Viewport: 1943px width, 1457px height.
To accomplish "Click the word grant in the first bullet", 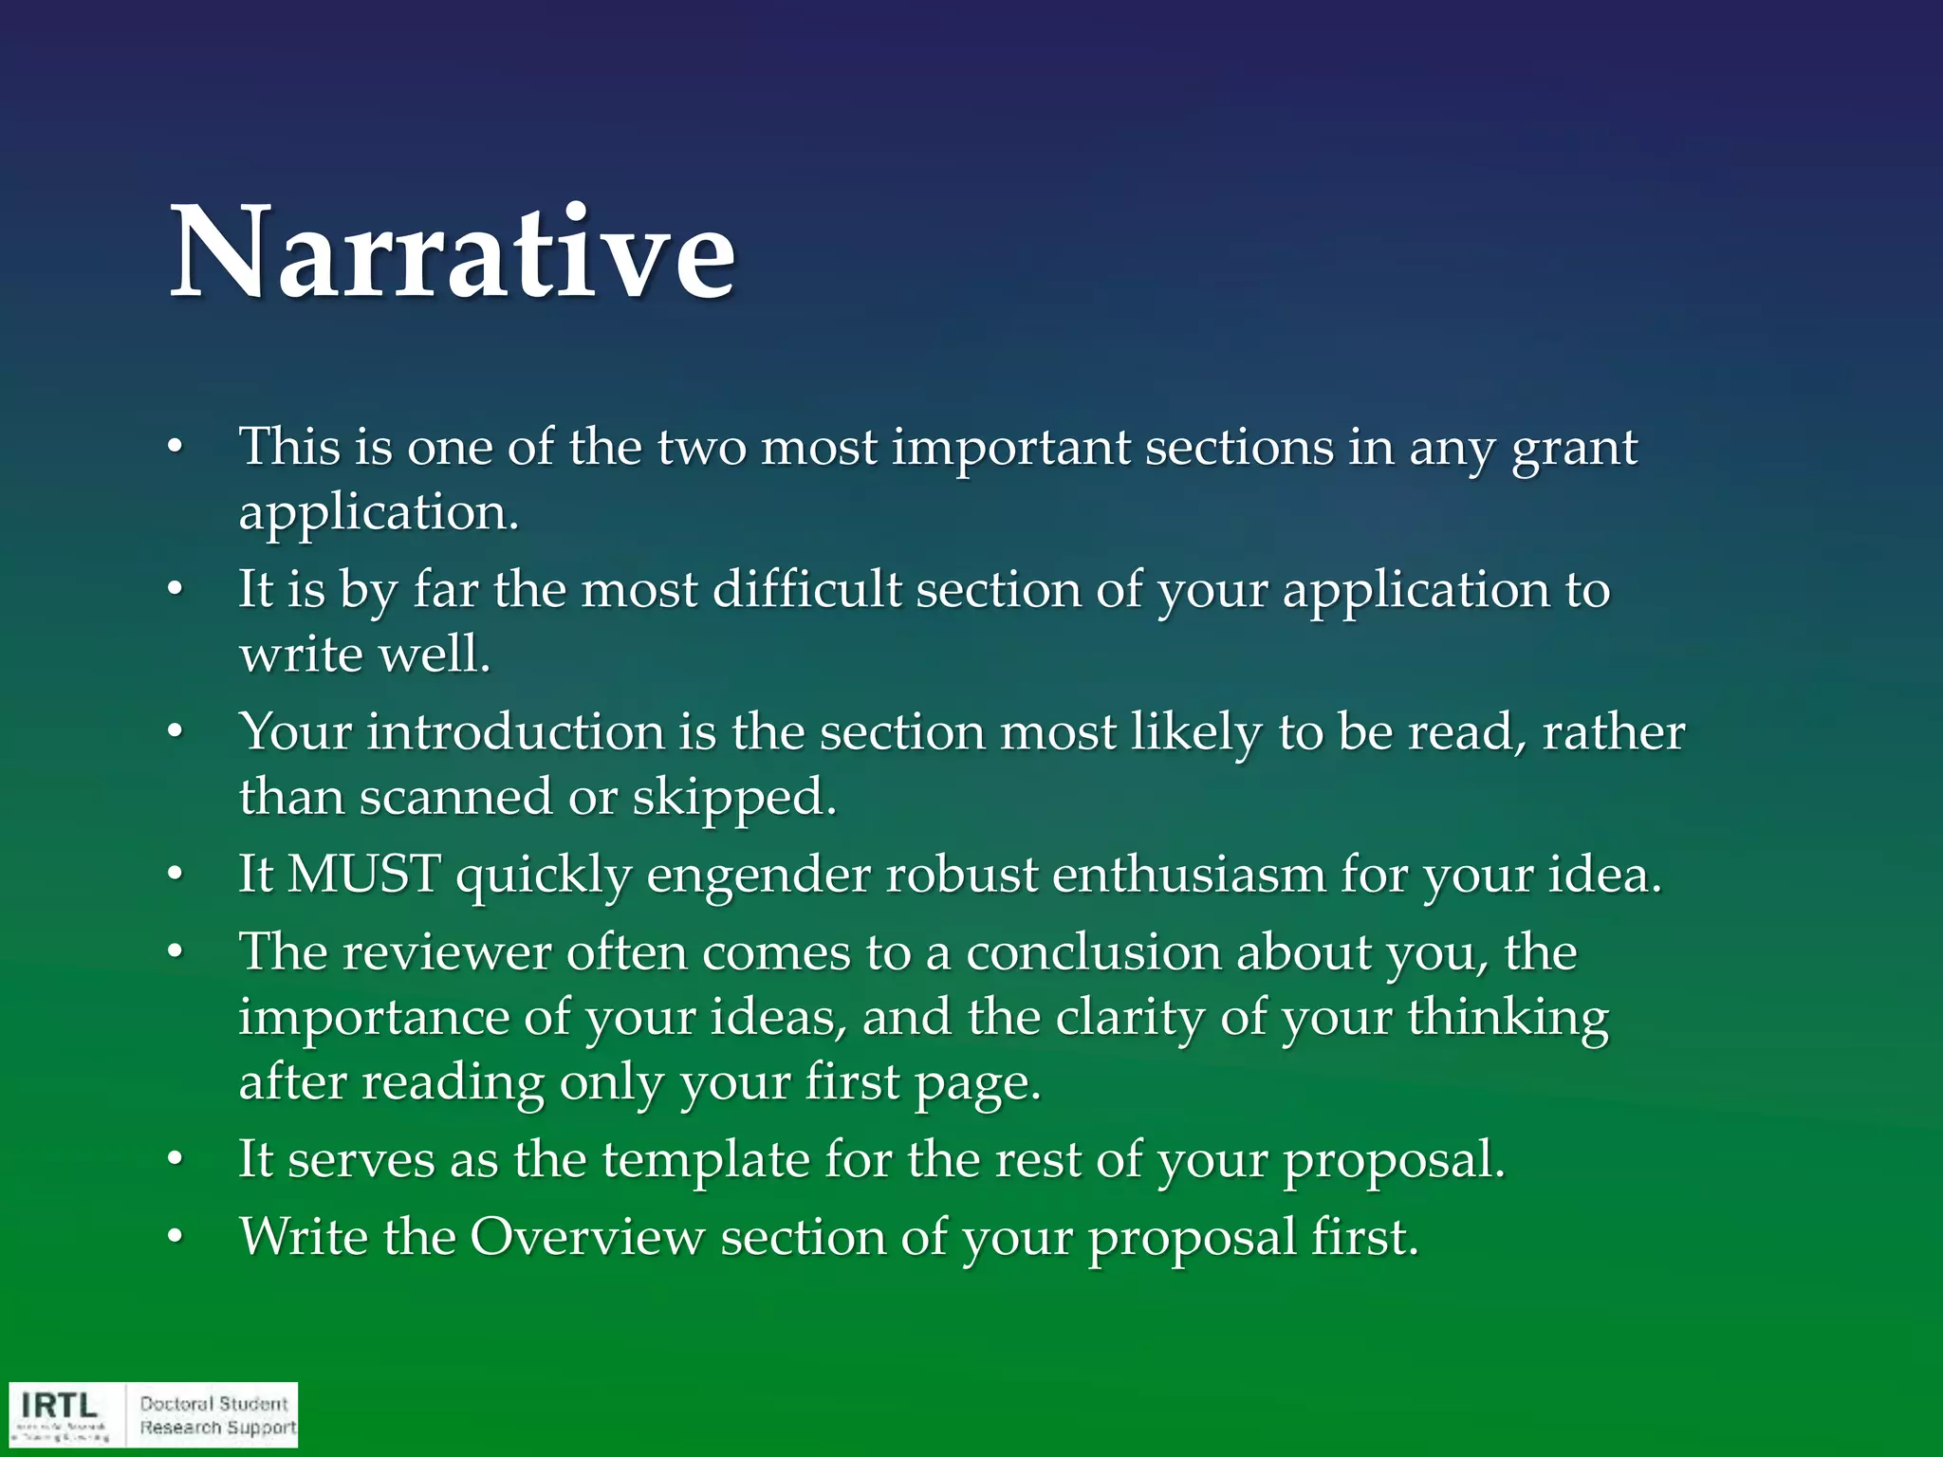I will pos(1574,448).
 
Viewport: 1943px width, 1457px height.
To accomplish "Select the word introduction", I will pos(516,732).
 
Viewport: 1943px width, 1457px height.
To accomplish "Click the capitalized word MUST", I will pos(363,874).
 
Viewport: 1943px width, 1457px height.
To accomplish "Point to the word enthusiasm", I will pos(1188,874).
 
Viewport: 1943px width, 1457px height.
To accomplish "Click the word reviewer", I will pos(446,951).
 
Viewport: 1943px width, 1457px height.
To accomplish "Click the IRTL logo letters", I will pos(60,1404).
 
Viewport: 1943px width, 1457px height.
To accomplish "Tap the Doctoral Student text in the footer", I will pos(213,1403).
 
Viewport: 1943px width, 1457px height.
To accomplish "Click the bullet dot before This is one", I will pos(175,448).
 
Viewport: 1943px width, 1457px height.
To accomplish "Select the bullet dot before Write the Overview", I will pos(175,1238).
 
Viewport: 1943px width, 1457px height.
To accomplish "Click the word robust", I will pos(961,874).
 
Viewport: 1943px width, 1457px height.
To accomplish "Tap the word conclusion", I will pos(1093,951).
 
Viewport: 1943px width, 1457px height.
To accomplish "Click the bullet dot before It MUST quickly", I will pos(175,875).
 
